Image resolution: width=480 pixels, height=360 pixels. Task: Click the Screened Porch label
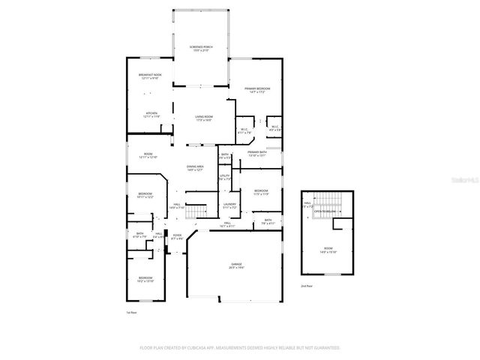(x=201, y=48)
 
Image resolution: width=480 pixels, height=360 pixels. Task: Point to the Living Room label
(x=204, y=118)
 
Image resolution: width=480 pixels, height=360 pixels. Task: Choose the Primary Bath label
(x=257, y=154)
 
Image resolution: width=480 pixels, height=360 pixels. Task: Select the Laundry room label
(x=230, y=205)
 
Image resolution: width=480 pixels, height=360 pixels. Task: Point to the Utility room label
(x=224, y=177)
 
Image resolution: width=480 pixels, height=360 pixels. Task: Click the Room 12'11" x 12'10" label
(x=148, y=155)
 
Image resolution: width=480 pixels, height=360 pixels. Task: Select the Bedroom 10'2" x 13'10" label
(x=145, y=280)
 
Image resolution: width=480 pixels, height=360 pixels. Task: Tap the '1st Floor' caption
(x=131, y=312)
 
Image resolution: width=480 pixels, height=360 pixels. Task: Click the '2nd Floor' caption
(x=305, y=286)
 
